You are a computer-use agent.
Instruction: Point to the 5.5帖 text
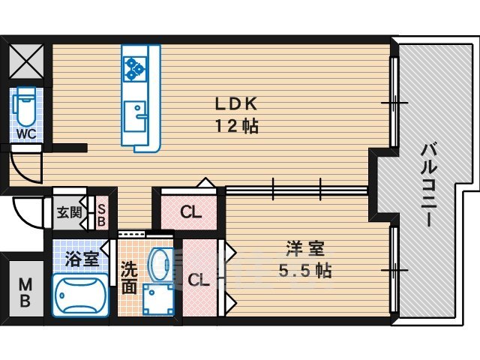[304, 270]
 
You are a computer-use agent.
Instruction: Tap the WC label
[27, 133]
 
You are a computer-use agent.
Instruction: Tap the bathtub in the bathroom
[80, 297]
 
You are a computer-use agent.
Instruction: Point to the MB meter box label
[25, 292]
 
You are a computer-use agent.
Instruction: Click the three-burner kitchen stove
[136, 67]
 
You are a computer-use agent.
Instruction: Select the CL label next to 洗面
[198, 281]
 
